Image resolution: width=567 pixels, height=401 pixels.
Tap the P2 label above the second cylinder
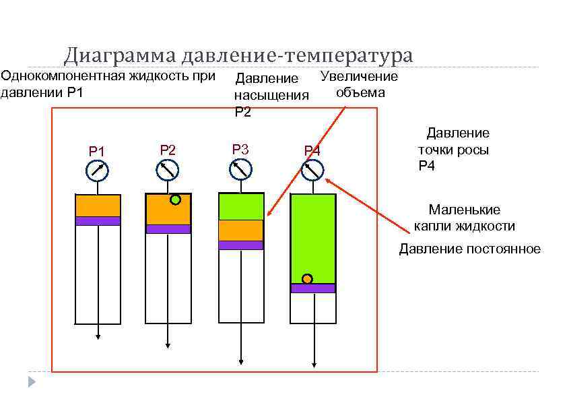(168, 150)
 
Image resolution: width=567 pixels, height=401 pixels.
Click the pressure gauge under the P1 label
(98, 171)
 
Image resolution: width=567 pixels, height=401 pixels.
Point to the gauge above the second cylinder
(168, 171)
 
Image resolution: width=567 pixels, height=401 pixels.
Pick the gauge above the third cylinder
(240, 170)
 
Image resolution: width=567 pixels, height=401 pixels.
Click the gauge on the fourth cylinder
(312, 171)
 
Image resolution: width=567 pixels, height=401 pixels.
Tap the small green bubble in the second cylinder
(176, 199)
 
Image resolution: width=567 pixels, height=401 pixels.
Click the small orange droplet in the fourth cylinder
(306, 278)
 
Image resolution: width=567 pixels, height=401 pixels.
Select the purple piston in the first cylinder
(98, 220)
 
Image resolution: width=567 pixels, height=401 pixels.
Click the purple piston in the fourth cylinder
(313, 288)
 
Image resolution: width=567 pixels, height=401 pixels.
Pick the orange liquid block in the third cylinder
(240, 230)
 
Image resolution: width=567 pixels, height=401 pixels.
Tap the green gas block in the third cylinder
(240, 206)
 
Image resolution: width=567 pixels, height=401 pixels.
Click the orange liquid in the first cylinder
(98, 205)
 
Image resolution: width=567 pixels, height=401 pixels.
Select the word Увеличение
(359, 76)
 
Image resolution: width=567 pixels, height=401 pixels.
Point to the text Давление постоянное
(469, 249)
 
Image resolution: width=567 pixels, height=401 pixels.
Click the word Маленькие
(465, 210)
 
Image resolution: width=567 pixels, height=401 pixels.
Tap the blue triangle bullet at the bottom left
(31, 382)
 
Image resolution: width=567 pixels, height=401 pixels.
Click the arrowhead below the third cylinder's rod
(241, 362)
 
